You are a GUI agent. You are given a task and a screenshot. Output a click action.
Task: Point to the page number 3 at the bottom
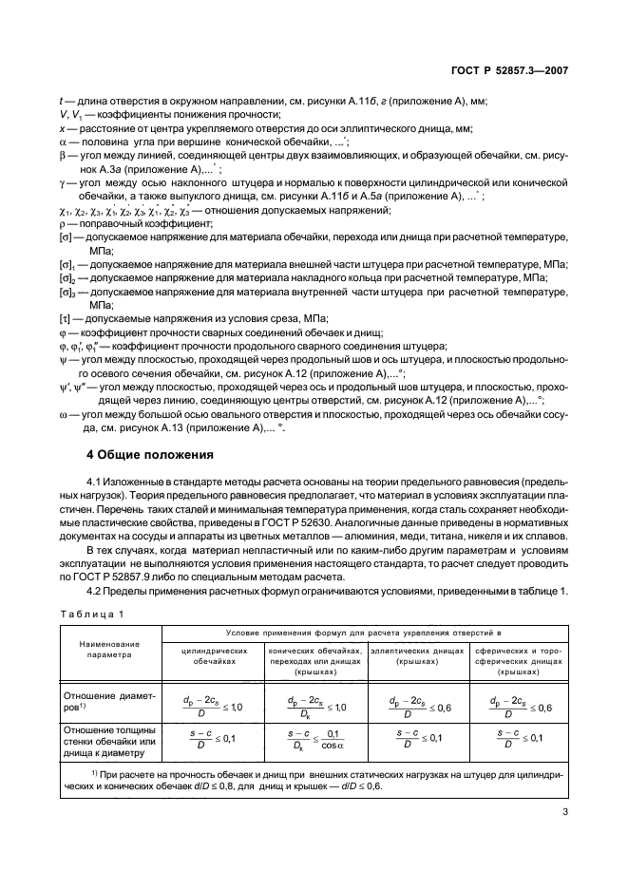(x=564, y=839)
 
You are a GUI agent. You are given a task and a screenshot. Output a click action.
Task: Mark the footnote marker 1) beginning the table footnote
(x=98, y=774)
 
